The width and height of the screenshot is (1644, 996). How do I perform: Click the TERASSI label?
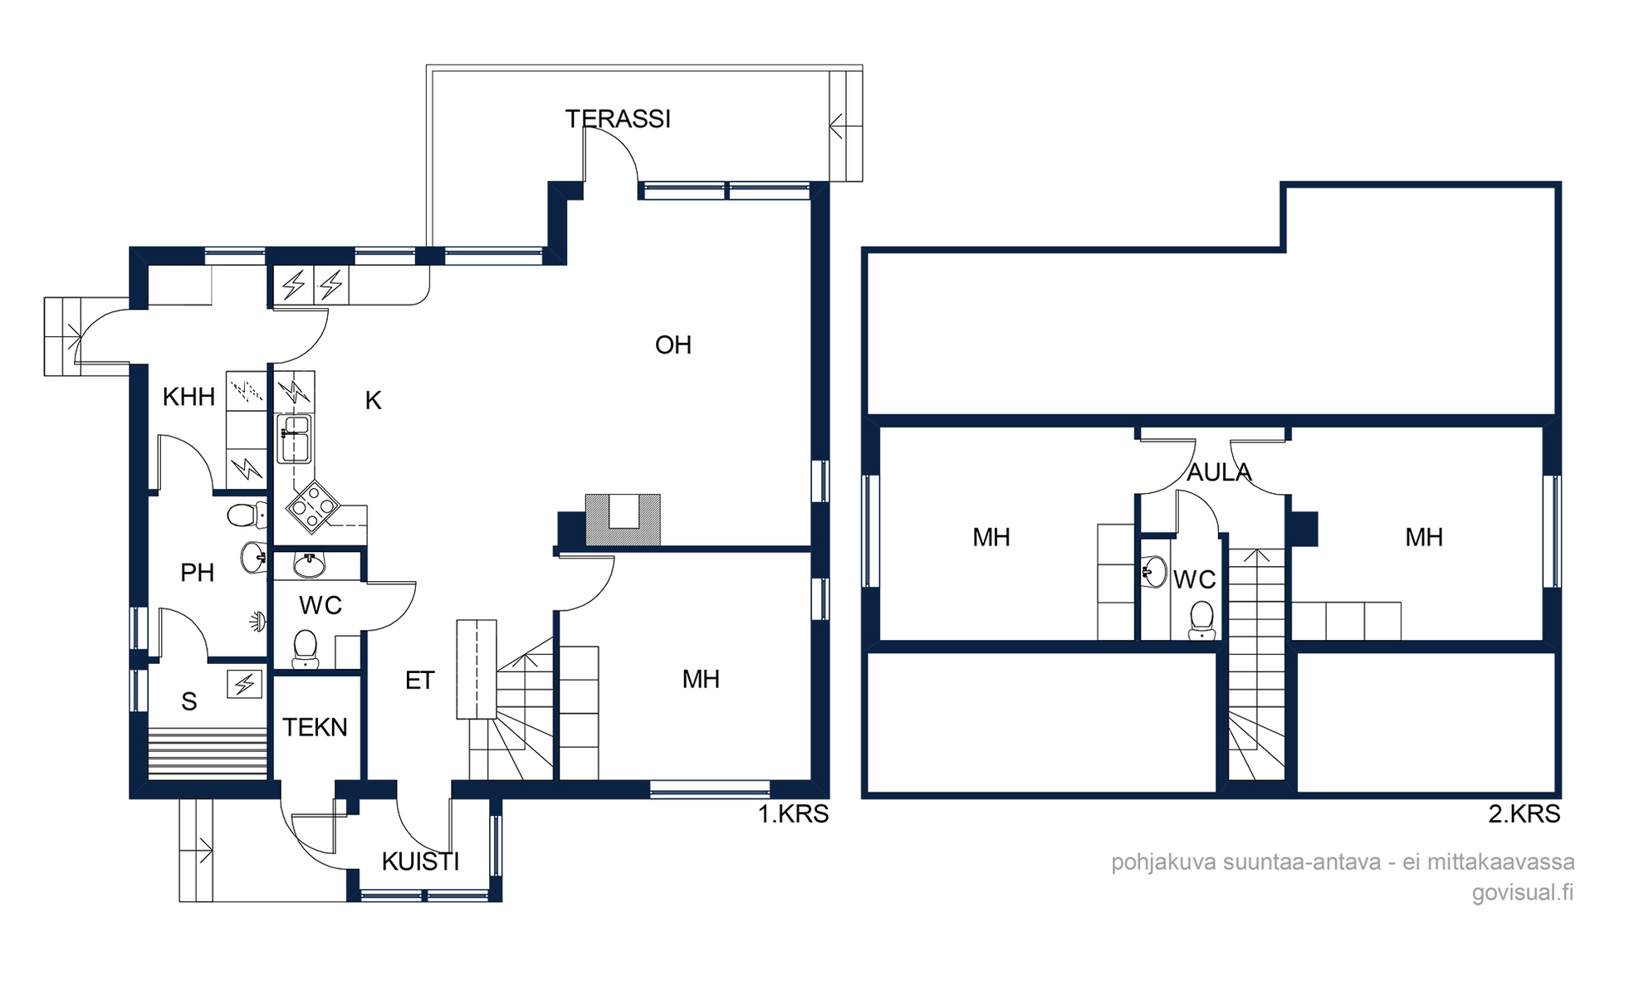point(618,120)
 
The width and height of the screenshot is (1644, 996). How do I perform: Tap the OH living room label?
point(673,345)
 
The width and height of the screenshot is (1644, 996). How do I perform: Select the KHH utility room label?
point(188,397)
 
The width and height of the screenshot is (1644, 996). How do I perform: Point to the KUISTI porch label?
point(420,862)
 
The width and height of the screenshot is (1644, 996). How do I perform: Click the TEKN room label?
point(315,727)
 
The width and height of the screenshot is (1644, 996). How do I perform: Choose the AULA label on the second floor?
point(1219,472)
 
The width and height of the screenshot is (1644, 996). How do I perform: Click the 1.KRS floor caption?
point(793,814)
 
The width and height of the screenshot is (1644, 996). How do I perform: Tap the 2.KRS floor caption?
point(1524,814)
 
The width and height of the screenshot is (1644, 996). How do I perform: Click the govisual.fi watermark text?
point(1523,892)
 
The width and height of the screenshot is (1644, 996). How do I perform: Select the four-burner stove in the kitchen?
point(313,505)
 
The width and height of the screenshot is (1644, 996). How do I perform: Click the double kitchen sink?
point(294,438)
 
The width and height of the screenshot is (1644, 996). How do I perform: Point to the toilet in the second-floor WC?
point(1201,620)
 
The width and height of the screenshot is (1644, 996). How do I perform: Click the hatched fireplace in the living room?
point(623,520)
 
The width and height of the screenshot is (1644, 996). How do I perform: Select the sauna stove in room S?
point(244,685)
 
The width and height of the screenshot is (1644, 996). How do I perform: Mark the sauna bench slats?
point(208,754)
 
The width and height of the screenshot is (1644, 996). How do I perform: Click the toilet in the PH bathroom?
point(247,515)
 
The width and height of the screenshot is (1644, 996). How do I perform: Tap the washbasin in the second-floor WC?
point(1155,572)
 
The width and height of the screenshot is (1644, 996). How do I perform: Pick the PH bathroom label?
point(197,573)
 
